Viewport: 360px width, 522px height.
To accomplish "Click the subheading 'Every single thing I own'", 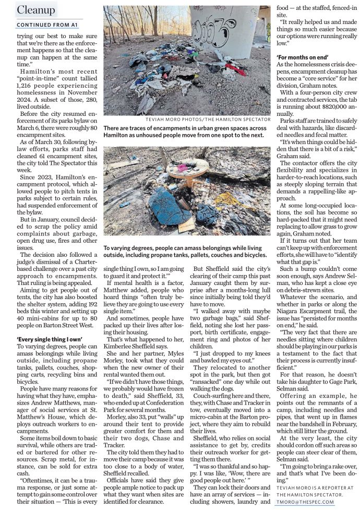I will (50, 339).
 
